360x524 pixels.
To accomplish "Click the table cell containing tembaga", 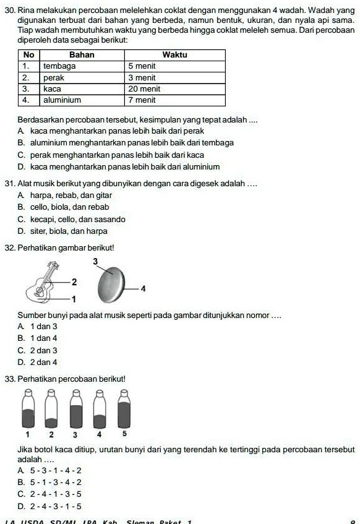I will point(82,66).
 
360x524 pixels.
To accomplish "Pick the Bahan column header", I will point(82,54).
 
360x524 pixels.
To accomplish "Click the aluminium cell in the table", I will point(82,100).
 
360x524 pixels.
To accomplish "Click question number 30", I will point(9,12).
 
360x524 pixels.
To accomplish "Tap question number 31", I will point(9,184).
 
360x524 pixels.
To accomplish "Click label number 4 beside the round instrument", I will point(143,288).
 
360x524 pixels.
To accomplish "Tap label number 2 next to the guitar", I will point(74,282).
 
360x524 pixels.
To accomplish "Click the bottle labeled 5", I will point(124,410).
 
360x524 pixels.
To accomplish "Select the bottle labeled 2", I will point(52,410).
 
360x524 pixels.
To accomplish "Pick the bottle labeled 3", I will point(75,410).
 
